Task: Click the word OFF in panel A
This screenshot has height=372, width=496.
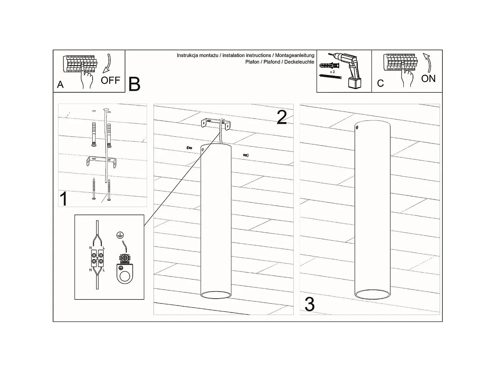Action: [x=110, y=80]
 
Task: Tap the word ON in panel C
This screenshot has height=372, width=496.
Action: [x=428, y=79]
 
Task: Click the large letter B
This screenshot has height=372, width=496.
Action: [x=134, y=84]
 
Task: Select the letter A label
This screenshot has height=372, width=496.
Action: [x=60, y=85]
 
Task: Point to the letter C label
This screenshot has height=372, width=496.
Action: [x=380, y=83]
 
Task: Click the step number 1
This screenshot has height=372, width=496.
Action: [x=64, y=199]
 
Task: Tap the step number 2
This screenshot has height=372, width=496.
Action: [x=282, y=117]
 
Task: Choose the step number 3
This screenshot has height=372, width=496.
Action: [x=310, y=304]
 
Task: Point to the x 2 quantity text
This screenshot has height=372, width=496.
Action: [x=332, y=72]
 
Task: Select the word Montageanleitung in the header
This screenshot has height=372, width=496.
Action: [x=295, y=56]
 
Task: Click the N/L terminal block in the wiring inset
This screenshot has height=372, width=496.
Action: [x=97, y=258]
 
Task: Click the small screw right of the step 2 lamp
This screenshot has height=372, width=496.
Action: [x=245, y=155]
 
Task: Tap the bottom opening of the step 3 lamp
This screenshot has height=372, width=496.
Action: [x=372, y=294]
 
